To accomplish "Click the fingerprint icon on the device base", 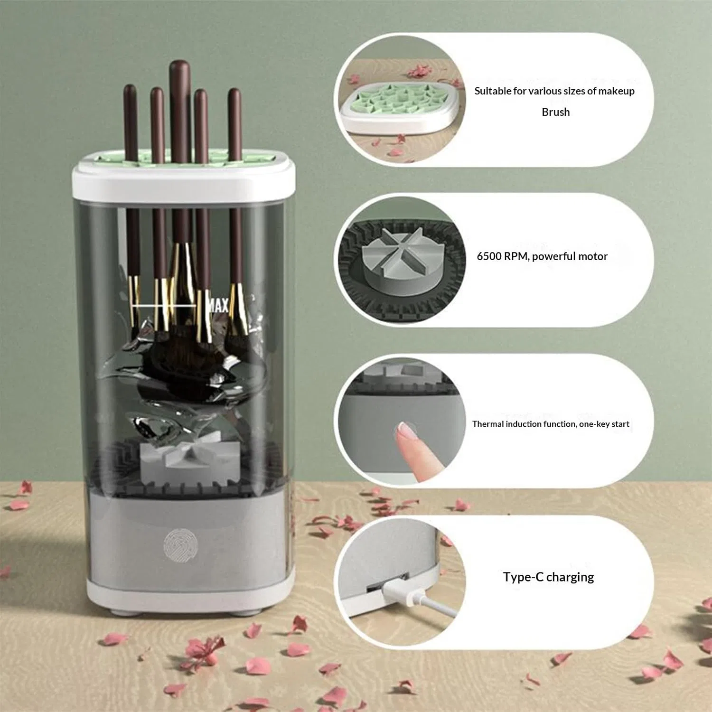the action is coord(180,544).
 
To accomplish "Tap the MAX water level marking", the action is coord(218,305).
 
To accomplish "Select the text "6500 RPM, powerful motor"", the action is coord(542,256).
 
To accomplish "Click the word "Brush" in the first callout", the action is coord(556,112).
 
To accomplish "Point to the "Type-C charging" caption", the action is coord(548,577).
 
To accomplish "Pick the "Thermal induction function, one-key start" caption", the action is coord(551,424).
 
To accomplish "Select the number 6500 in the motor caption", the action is coord(489,256).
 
